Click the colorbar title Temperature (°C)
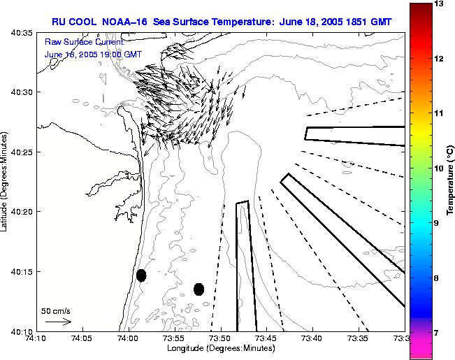[x=451, y=181]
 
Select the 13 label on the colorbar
[x=439, y=4]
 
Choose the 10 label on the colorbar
[x=439, y=168]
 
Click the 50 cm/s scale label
[x=56, y=310]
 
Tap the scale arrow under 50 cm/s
[x=58, y=322]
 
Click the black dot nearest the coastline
[x=141, y=275]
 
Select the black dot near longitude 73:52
[x=198, y=289]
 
